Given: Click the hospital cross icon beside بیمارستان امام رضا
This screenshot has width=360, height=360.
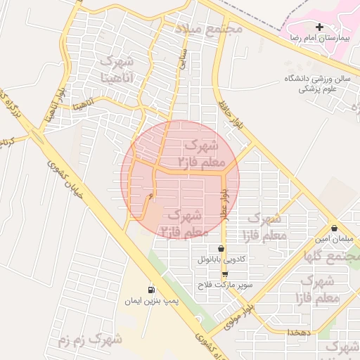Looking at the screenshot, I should point(320,27).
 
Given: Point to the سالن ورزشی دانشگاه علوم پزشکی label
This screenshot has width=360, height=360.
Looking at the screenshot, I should point(317,84).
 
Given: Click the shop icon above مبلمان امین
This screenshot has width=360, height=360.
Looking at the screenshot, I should point(333,229).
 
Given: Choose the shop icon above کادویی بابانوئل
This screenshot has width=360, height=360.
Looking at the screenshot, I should point(221,248).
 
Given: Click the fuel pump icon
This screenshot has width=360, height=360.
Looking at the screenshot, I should point(151,290).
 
